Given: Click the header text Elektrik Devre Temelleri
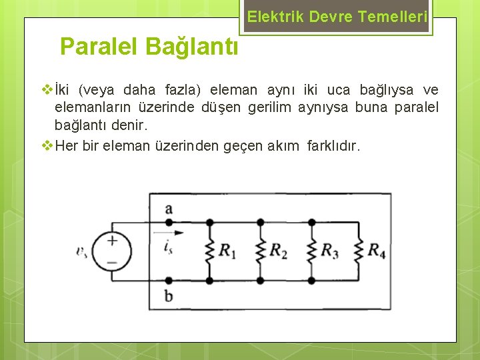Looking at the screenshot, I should pos(337,17).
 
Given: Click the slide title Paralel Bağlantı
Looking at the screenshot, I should pos(149,47).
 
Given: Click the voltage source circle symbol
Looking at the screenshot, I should pos(111,252).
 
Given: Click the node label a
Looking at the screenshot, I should pos(168,209).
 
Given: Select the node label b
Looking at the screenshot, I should pos(168,295).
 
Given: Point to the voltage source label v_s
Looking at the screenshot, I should pos(81,251).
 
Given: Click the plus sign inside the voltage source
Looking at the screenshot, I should pos(112,241).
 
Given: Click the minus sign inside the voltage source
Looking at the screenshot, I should pos(112,262).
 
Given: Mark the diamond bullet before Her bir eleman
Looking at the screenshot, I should pos(47,145).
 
